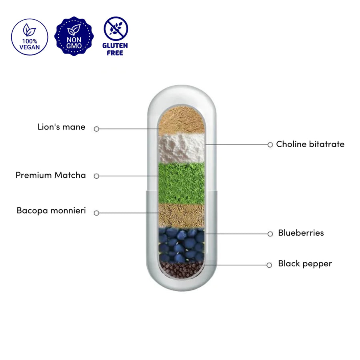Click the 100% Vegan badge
[x=30, y=37]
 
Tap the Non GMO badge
[x=74, y=37]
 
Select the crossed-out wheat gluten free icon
[x=116, y=28]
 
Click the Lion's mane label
[x=62, y=127]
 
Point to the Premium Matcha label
[x=51, y=175]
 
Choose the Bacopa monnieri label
[x=51, y=210]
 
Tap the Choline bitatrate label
[x=310, y=144]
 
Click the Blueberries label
[x=301, y=233]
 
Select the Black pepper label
[x=305, y=264]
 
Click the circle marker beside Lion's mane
[x=96, y=129]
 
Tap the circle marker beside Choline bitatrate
[x=270, y=145]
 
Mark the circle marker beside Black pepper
[x=270, y=265]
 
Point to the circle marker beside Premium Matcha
[x=96, y=176]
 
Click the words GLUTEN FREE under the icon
[x=115, y=49]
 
